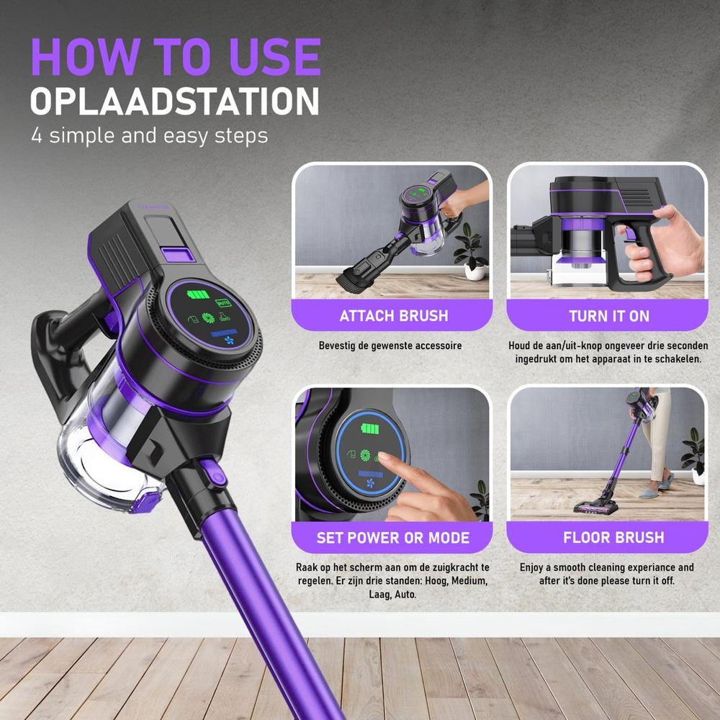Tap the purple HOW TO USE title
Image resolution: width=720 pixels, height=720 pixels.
[176, 56]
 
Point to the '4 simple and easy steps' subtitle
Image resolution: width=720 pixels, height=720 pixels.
[150, 136]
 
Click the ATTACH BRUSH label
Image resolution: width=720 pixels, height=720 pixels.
[394, 316]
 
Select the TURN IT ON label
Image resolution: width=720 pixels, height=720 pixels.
[609, 316]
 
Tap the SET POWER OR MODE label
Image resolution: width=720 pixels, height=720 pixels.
[393, 538]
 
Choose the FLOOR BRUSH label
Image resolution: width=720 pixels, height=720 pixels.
[613, 537]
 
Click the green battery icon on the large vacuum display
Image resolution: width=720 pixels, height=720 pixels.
[199, 294]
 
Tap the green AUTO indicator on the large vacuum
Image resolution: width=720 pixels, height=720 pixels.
[223, 303]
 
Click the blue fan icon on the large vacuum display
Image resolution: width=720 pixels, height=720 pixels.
[229, 341]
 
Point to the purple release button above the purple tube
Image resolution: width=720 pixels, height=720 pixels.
[214, 473]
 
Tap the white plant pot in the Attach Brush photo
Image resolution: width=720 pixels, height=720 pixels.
[474, 271]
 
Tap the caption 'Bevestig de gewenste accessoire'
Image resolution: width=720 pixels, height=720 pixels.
[390, 346]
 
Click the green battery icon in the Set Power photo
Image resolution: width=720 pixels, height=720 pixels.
[369, 429]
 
